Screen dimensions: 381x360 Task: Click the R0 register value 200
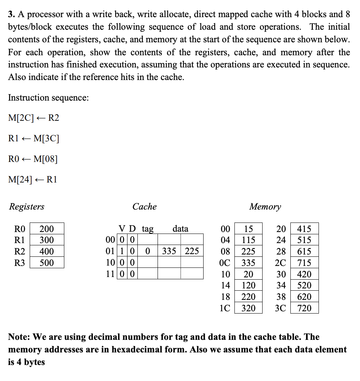(x=47, y=229)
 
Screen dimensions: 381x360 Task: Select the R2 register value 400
(x=47, y=251)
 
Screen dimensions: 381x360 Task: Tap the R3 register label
(x=19, y=263)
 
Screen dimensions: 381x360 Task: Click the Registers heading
(x=26, y=207)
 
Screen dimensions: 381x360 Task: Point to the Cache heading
(x=144, y=207)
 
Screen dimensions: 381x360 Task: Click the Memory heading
(x=265, y=207)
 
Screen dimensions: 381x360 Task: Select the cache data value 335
(x=169, y=251)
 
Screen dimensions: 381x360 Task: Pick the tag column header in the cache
(x=147, y=229)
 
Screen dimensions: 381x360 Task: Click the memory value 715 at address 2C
(x=304, y=263)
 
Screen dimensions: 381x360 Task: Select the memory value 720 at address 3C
(x=304, y=308)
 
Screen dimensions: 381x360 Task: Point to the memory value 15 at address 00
(x=248, y=229)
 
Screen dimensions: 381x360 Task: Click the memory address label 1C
(x=225, y=308)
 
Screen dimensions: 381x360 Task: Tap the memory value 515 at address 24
(x=304, y=240)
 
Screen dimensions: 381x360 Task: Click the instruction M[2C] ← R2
(x=33, y=118)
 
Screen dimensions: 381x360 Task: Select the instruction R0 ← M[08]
(x=33, y=159)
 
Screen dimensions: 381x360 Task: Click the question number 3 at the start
(x=11, y=14)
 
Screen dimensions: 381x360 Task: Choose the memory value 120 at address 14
(x=248, y=285)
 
